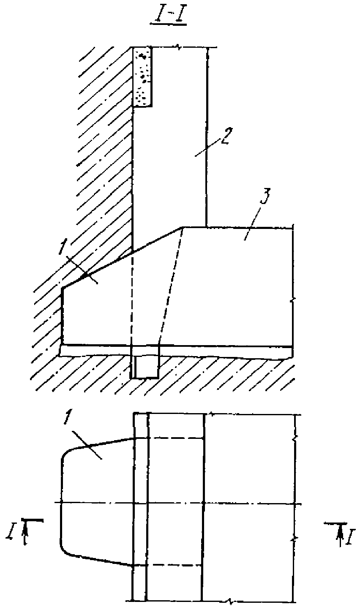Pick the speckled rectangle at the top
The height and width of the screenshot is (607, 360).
[x=142, y=76]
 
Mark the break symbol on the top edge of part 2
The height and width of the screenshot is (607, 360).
[x=180, y=48]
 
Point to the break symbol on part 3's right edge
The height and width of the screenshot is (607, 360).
[x=293, y=299]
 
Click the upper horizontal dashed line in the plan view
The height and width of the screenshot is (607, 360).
[x=169, y=438]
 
